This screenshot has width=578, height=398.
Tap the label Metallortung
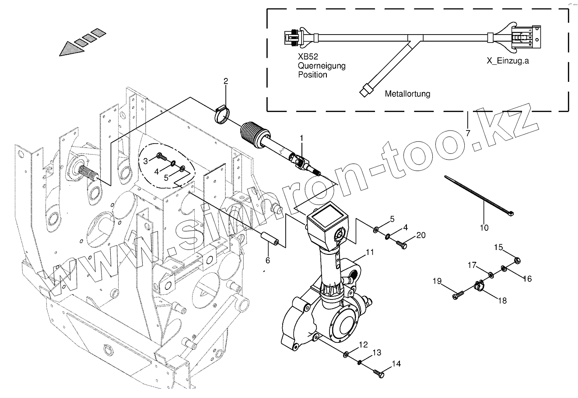pos(407,94)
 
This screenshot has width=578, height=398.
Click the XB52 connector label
pos(308,57)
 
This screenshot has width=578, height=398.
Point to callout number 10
pos(484,228)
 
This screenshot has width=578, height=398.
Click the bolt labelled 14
pos(378,373)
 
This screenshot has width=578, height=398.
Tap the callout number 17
pos(471,265)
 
